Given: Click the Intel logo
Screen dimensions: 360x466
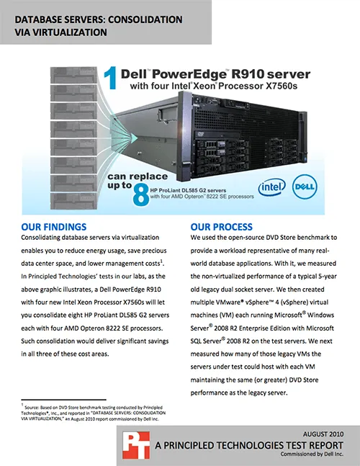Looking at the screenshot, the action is [x=271, y=187].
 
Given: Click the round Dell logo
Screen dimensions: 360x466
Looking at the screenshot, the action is [x=305, y=187].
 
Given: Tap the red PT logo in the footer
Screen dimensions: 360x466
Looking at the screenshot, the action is [x=136, y=445].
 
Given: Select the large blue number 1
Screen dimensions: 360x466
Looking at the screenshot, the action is [x=110, y=79].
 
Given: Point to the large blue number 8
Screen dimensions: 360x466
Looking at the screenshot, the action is [x=140, y=194].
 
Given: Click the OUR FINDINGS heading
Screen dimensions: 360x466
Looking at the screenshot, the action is [x=54, y=227].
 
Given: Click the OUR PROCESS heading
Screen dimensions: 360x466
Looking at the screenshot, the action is [x=222, y=227].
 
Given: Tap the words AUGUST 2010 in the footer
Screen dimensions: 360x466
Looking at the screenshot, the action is [x=323, y=434].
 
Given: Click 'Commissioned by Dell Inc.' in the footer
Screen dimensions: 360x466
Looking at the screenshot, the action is [x=312, y=454].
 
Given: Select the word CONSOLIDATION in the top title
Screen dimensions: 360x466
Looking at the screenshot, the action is [x=145, y=19].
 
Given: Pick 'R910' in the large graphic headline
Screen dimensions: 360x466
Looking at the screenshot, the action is [x=248, y=73].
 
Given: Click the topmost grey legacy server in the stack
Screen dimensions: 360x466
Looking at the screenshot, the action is [x=73, y=75].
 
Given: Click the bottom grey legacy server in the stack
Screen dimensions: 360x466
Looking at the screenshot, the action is [x=73, y=201].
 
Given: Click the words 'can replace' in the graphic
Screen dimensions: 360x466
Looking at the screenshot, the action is [x=138, y=176].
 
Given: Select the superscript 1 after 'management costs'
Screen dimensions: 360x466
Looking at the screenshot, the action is [x=161, y=261].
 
